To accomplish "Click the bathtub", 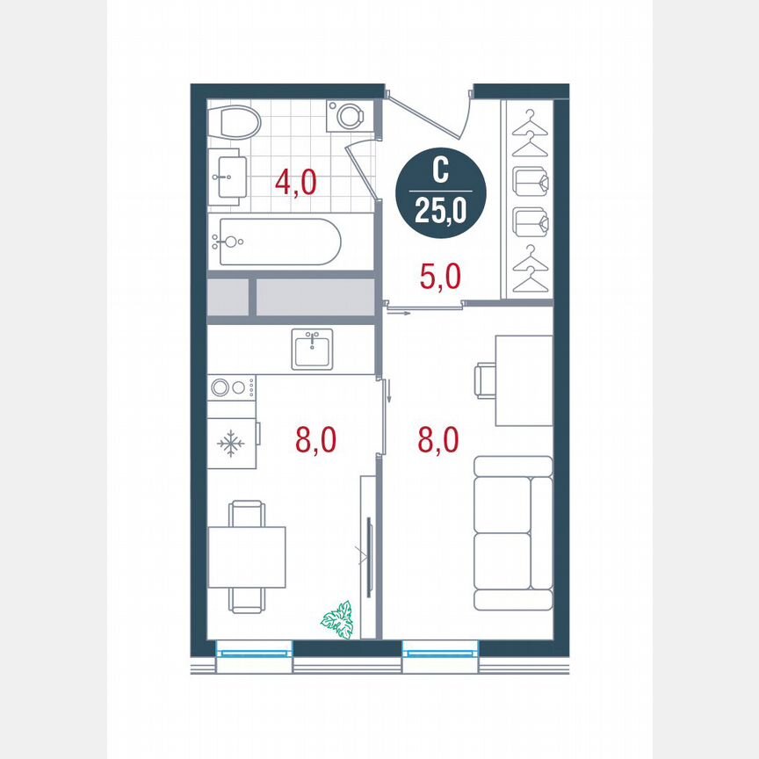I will (x=278, y=241).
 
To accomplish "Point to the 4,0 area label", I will (x=295, y=184).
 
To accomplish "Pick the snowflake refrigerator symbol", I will (x=232, y=444).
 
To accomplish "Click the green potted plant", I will (x=337, y=619).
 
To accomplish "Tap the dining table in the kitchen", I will (x=247, y=557).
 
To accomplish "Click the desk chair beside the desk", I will (x=483, y=381).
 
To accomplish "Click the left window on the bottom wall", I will (x=255, y=651).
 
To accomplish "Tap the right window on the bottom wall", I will (x=441, y=651).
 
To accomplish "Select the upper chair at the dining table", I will (x=246, y=513).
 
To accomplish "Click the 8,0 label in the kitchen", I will (x=316, y=439).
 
